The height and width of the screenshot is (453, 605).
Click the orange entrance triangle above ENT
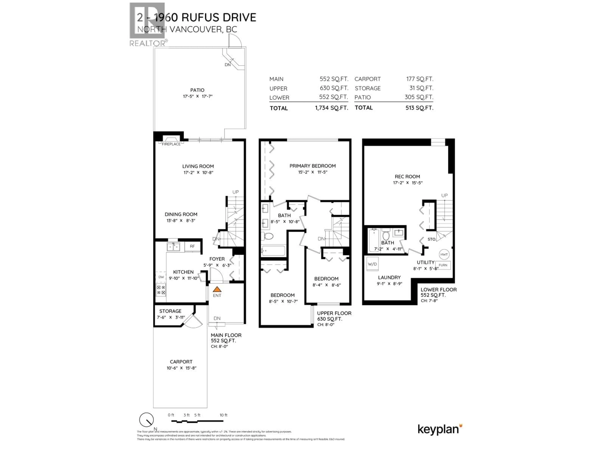click(x=217, y=289)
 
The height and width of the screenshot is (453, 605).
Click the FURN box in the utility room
click(x=443, y=265)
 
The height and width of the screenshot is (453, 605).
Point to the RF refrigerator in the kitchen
click(x=192, y=246)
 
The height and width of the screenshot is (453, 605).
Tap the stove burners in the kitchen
click(x=161, y=290)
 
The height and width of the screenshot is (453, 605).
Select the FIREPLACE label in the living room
click(x=171, y=144)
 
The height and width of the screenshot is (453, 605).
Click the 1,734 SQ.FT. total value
click(x=331, y=108)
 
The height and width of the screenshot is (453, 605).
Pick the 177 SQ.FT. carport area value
click(x=420, y=79)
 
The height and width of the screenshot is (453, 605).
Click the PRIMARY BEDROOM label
click(x=312, y=166)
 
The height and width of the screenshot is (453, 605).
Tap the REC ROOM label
click(x=407, y=177)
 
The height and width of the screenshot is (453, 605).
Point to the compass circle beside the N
click(x=146, y=420)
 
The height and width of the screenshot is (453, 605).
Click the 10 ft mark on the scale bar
click(x=223, y=415)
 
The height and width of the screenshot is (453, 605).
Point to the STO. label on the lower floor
click(x=432, y=239)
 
